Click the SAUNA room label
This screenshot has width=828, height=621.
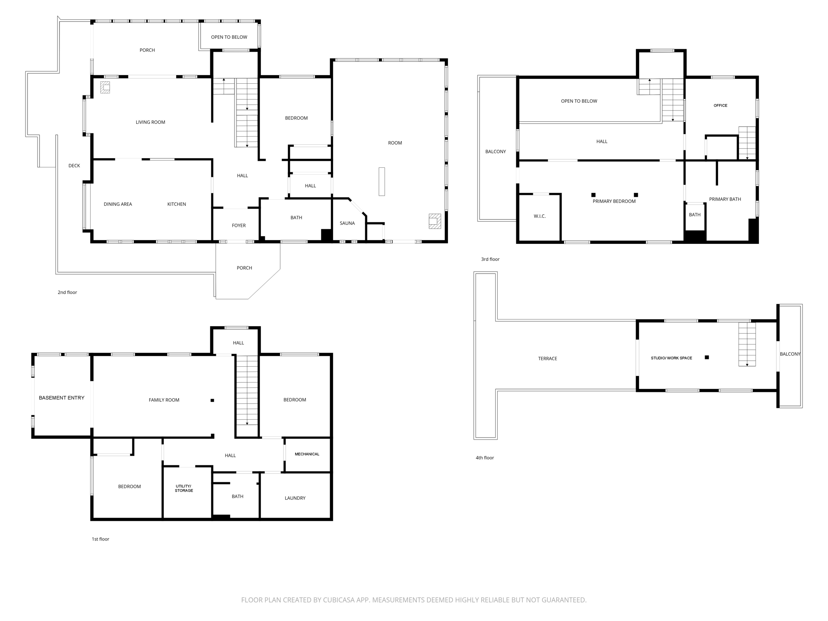(x=347, y=223)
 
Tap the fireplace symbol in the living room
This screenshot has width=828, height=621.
(x=105, y=87)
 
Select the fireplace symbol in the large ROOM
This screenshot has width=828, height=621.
(x=435, y=221)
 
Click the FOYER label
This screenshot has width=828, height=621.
(x=239, y=226)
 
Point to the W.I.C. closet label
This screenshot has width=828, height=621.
(x=539, y=216)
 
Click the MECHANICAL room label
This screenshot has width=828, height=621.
(x=307, y=454)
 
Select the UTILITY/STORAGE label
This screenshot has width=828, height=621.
(x=184, y=488)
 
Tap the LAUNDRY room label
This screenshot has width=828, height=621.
(x=295, y=498)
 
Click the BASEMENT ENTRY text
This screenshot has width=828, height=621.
(x=61, y=398)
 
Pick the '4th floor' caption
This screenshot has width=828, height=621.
(x=484, y=458)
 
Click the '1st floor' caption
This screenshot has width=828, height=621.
(x=100, y=539)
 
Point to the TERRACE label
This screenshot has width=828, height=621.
(x=547, y=359)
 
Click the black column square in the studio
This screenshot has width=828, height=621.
(x=707, y=357)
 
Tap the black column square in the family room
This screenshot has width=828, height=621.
(x=212, y=400)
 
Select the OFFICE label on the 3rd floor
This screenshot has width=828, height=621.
(x=720, y=106)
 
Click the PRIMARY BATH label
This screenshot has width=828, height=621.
(x=724, y=199)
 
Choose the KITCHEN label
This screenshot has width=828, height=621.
(x=177, y=204)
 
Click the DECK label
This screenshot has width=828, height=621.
(x=74, y=166)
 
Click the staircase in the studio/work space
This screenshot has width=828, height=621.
(x=747, y=344)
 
